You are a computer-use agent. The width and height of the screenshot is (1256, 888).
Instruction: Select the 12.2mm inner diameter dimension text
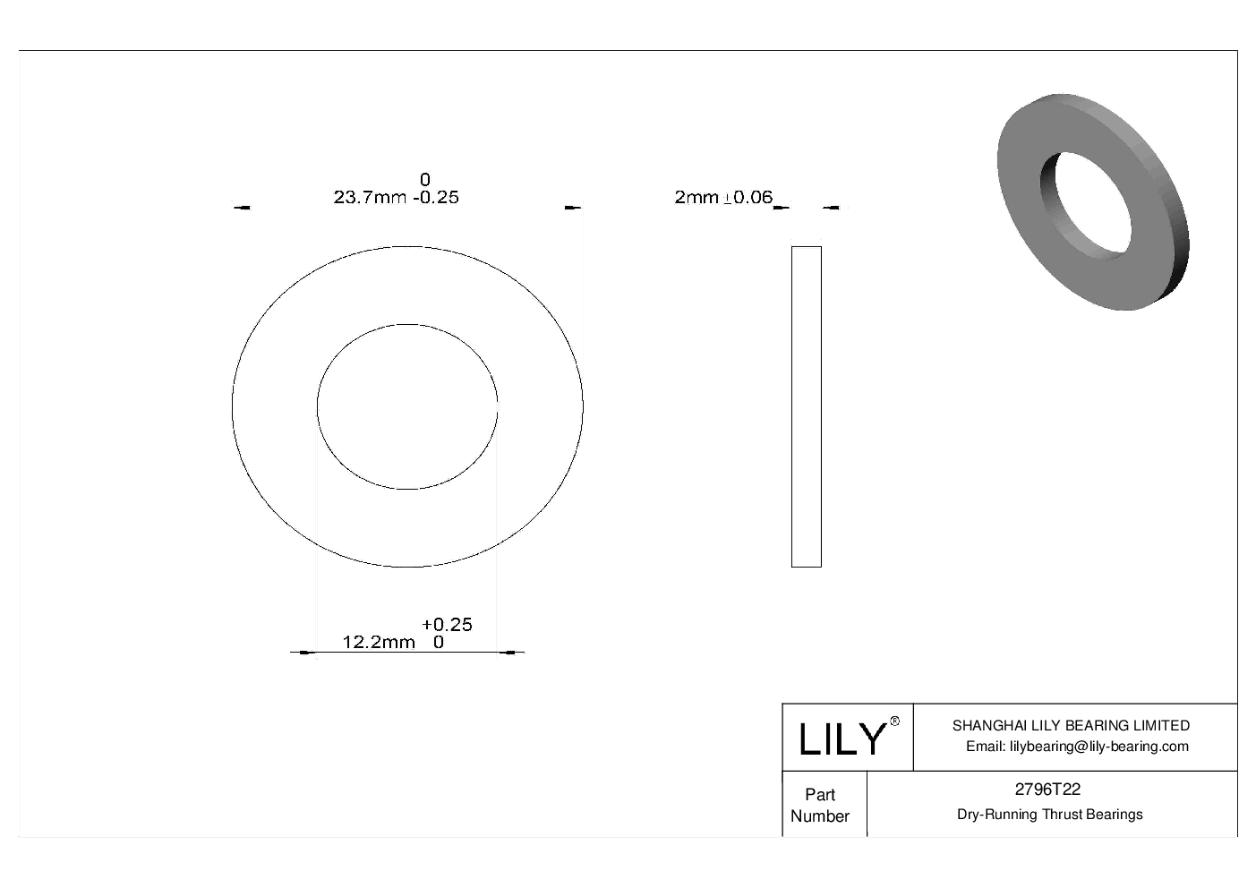(x=379, y=642)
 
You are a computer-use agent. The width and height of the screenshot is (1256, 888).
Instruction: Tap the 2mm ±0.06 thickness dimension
(x=722, y=198)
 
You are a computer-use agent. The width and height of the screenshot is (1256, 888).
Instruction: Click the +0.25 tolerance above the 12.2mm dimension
(x=447, y=624)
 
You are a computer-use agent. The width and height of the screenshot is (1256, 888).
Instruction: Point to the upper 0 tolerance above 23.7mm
(x=425, y=180)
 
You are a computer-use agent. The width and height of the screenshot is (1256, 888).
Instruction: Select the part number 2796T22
(x=1047, y=790)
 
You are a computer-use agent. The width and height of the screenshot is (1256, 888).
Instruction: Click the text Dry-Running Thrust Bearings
(x=1049, y=815)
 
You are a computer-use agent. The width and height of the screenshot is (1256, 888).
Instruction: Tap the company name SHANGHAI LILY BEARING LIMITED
(x=1071, y=726)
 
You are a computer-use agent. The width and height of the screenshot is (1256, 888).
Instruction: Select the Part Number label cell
(x=820, y=805)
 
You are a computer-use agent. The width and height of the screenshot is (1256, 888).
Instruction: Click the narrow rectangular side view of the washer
(x=806, y=406)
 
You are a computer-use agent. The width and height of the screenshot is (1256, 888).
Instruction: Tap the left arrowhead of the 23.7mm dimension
(x=242, y=209)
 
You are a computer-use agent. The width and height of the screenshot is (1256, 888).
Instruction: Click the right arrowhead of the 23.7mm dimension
(x=573, y=209)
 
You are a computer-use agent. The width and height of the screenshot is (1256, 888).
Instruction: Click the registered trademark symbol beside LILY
(x=894, y=721)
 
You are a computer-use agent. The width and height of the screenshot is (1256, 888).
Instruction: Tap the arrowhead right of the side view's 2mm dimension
(x=832, y=209)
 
